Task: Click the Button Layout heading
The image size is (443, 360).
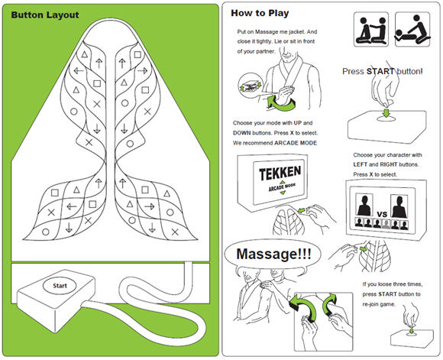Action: (45, 15)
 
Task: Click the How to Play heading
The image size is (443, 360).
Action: (260, 13)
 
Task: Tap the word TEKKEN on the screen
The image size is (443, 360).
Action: (280, 173)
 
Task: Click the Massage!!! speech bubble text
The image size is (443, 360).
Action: (273, 254)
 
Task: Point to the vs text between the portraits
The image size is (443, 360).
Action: (382, 213)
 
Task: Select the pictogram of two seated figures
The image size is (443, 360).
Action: (371, 29)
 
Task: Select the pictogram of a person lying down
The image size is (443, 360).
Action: (412, 29)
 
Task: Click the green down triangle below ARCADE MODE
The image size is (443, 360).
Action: (283, 193)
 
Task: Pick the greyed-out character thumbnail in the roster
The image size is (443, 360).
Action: (386, 223)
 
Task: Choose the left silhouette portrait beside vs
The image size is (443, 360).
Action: (364, 205)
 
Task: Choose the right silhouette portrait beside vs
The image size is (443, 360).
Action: (399, 206)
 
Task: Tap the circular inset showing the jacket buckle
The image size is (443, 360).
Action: (251, 85)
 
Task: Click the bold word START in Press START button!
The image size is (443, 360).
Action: (380, 71)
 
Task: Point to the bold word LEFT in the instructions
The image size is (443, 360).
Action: (361, 164)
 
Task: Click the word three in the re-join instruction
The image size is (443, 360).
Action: (400, 284)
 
